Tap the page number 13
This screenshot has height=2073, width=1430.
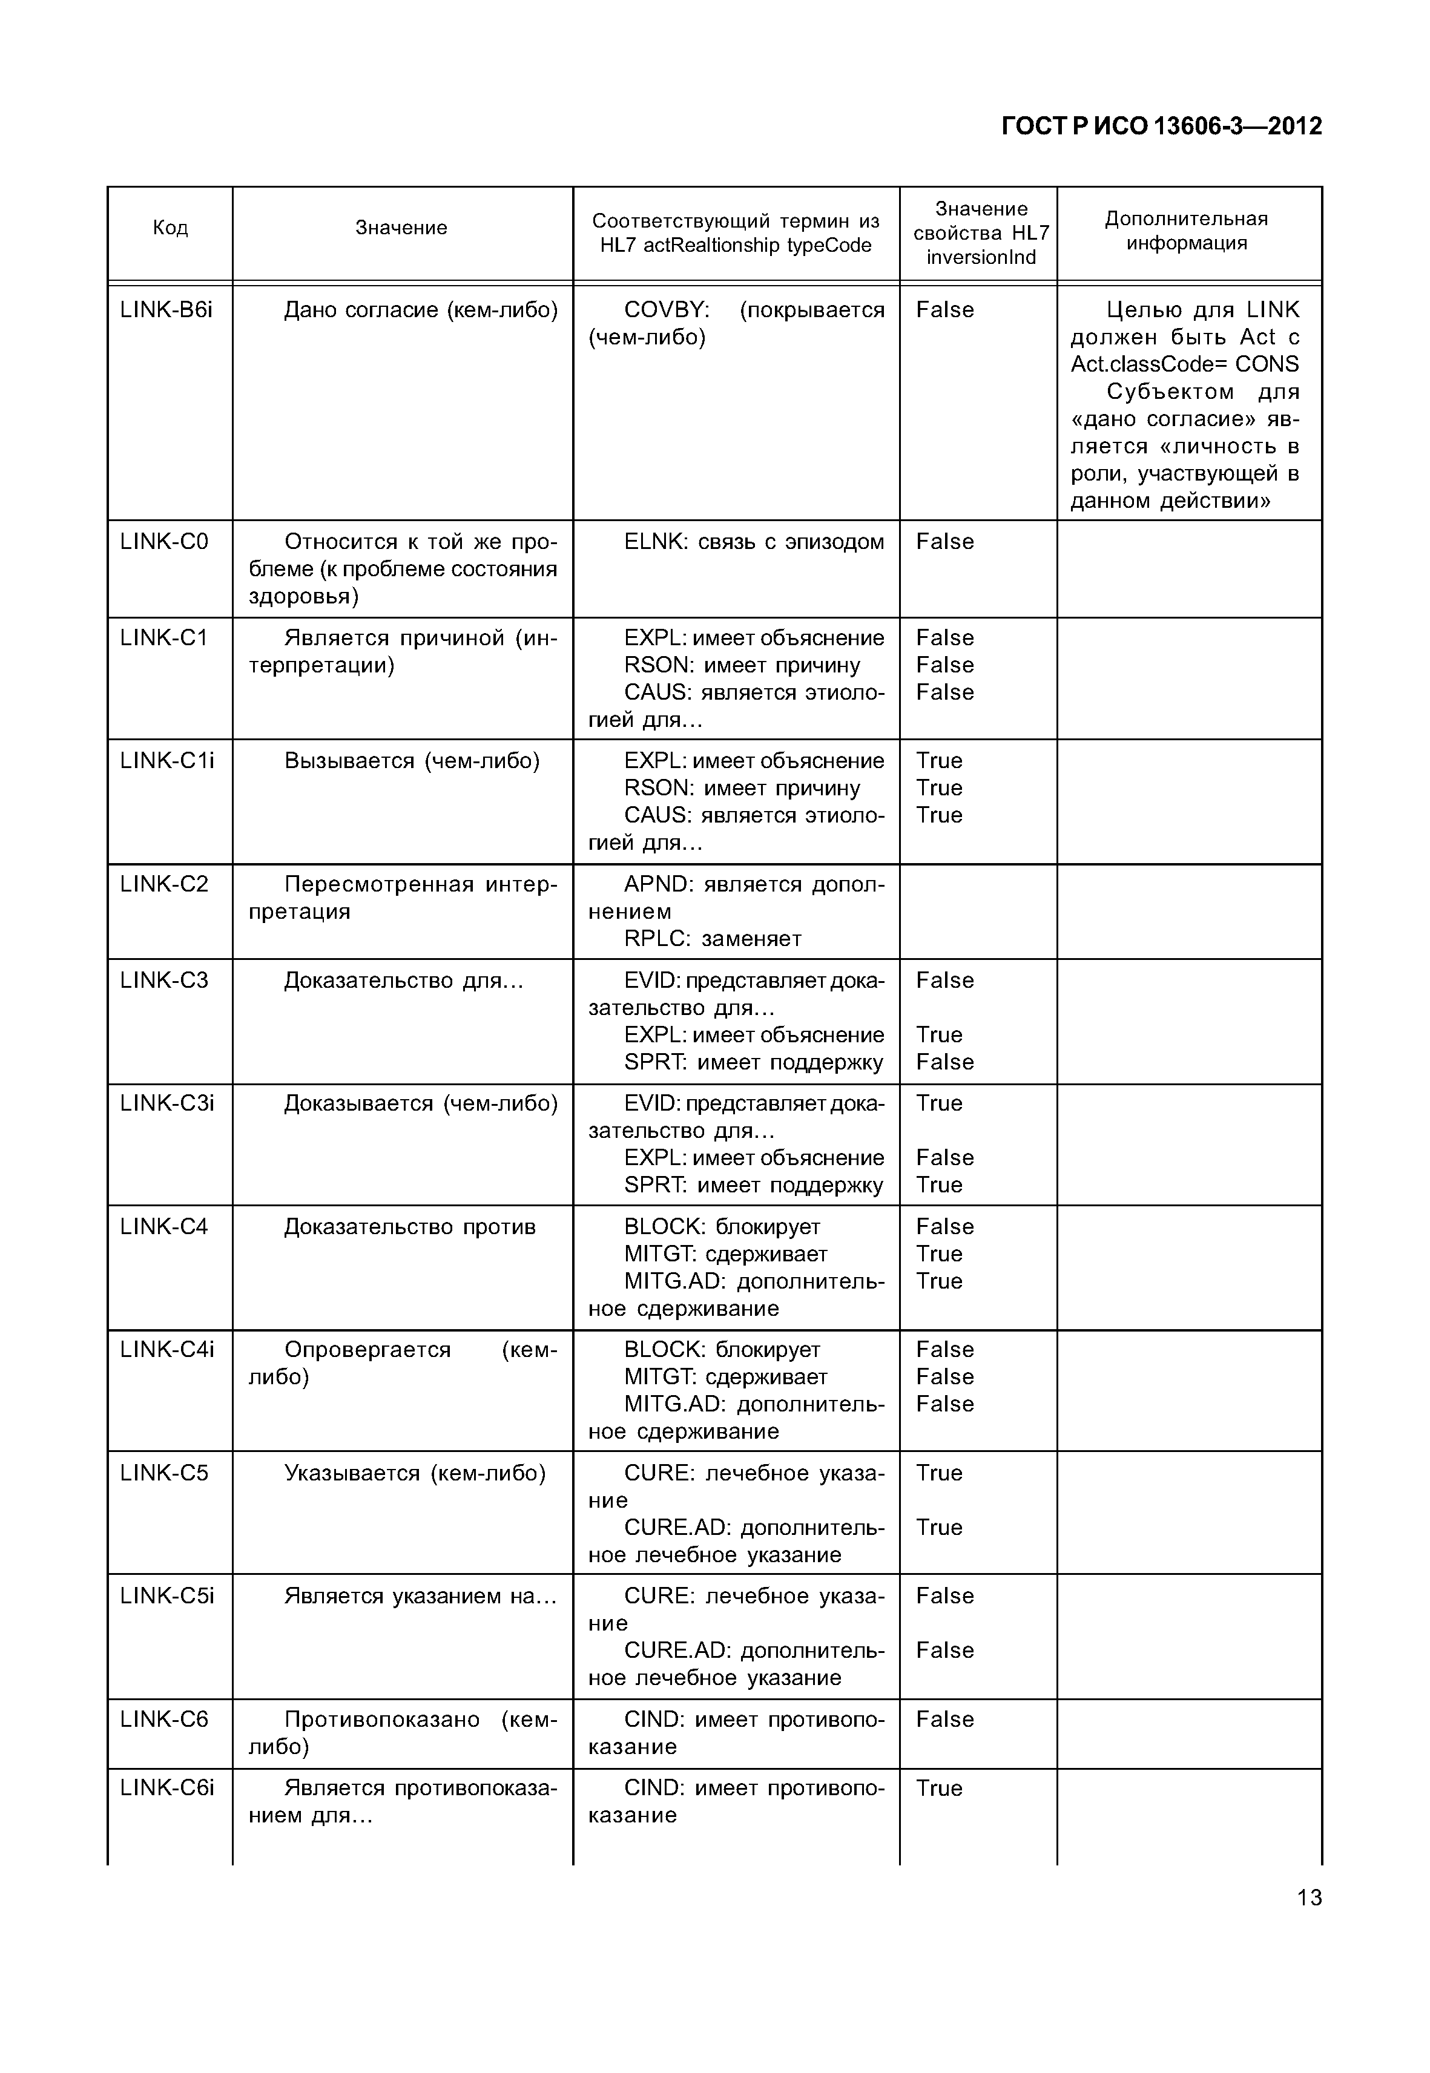(x=1308, y=1897)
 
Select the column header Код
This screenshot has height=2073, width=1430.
(x=170, y=228)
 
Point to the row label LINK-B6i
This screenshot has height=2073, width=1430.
(x=166, y=310)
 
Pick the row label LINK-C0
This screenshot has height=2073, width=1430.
(x=164, y=542)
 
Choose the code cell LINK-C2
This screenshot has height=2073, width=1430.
(x=164, y=884)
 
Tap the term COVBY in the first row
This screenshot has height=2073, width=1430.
(x=666, y=310)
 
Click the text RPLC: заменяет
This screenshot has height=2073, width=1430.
(x=713, y=939)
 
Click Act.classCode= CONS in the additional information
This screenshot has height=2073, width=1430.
(x=1184, y=364)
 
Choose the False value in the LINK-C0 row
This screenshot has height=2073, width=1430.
(x=944, y=542)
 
